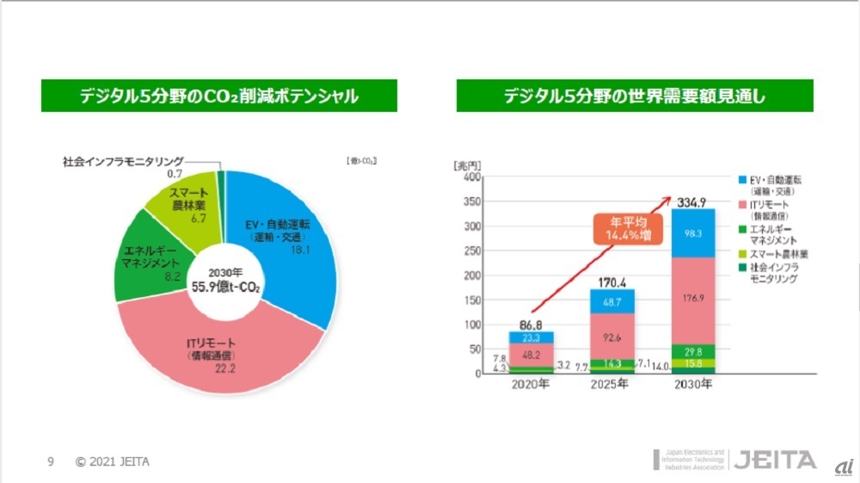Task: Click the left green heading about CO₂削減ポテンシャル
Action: (218, 96)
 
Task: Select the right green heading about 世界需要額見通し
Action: (634, 96)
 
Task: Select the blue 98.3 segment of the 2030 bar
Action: (693, 233)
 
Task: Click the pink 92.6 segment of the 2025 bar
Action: (612, 335)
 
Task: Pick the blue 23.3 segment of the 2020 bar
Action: (531, 338)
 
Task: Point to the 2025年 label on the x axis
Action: (612, 386)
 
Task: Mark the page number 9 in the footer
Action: (50, 461)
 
